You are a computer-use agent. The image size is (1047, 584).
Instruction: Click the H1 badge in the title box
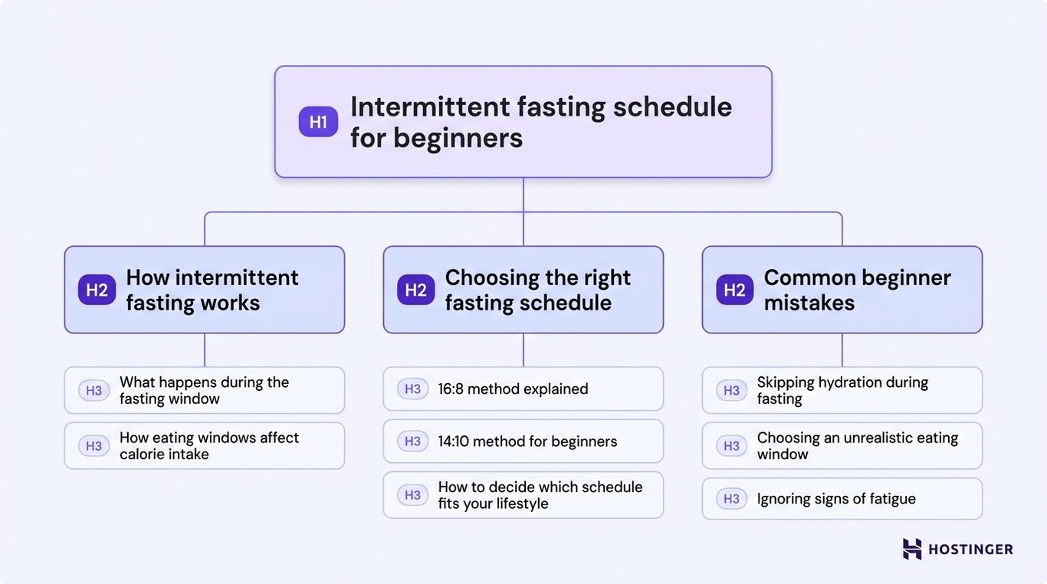point(318,122)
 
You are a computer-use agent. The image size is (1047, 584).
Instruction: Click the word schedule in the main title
point(672,107)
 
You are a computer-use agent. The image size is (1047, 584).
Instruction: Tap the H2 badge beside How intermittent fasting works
point(97,290)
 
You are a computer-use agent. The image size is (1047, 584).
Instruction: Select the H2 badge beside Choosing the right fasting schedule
point(415,290)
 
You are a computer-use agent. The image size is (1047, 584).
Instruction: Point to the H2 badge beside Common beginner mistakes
point(734,290)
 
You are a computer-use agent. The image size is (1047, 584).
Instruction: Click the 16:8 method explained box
point(523,389)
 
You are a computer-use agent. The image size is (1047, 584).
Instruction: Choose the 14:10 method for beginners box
point(523,441)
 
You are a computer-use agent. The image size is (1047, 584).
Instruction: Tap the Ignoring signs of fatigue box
point(842,499)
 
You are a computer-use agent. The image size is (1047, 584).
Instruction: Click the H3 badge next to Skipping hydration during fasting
point(731,391)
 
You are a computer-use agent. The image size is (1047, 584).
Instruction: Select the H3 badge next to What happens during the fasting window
point(94,391)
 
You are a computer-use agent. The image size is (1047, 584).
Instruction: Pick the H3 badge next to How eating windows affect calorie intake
point(94,446)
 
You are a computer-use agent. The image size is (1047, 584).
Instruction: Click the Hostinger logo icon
point(912,549)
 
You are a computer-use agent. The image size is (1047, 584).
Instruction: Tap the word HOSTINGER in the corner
point(970,550)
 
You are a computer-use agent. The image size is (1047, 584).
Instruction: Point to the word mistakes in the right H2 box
point(809,303)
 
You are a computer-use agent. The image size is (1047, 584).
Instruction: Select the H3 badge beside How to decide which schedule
point(412,495)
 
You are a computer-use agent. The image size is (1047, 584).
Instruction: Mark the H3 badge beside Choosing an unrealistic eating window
point(731,446)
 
